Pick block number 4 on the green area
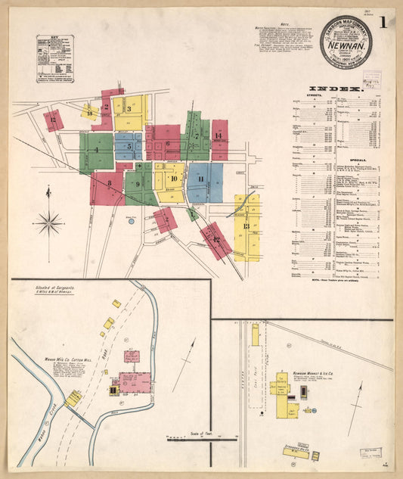tap(96, 150)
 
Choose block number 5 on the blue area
tap(129, 146)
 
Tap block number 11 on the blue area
tap(201, 179)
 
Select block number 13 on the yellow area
tap(246, 226)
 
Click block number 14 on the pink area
tap(218, 135)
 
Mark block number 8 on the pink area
tap(110, 183)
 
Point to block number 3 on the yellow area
tap(129, 109)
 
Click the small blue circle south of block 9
tap(131, 221)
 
